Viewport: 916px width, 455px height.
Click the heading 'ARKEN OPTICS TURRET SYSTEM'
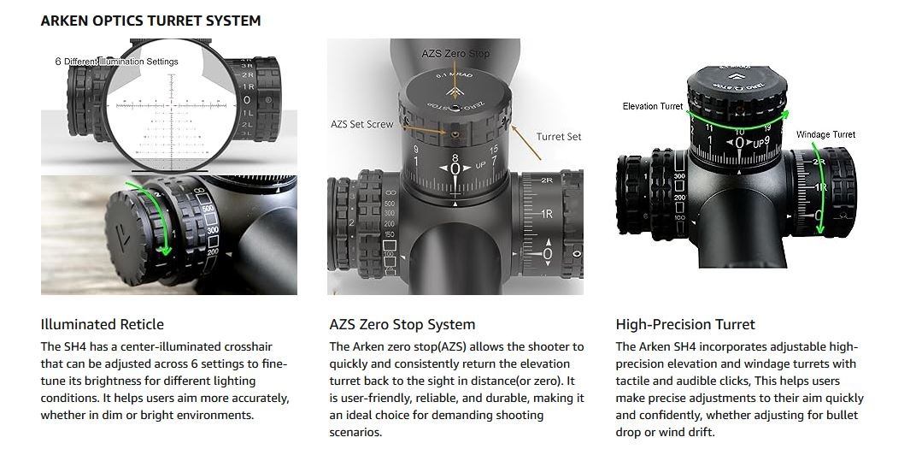pos(150,20)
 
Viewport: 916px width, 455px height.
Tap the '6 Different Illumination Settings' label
pos(121,62)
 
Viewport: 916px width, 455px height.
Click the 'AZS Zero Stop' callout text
pos(455,54)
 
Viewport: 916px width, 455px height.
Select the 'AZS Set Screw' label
pos(361,124)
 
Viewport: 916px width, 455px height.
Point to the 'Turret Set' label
pos(559,136)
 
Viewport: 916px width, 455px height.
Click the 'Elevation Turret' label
pos(653,106)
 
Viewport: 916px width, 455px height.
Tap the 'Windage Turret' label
pos(825,134)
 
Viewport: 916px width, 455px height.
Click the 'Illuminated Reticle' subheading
pos(102,324)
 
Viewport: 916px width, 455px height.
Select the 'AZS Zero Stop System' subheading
pos(402,324)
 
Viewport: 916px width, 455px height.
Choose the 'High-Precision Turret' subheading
pos(685,324)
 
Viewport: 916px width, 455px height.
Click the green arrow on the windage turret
pos(821,192)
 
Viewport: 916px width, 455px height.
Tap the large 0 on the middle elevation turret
pos(455,169)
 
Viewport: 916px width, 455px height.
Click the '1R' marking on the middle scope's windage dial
pos(547,214)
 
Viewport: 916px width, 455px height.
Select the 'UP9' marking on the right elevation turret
pos(760,143)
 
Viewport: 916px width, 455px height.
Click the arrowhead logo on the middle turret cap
pos(455,88)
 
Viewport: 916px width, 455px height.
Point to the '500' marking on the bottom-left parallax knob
pos(208,210)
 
